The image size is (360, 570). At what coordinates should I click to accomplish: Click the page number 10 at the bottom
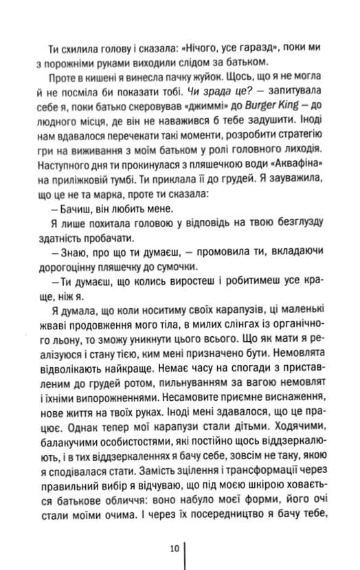(x=175, y=547)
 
